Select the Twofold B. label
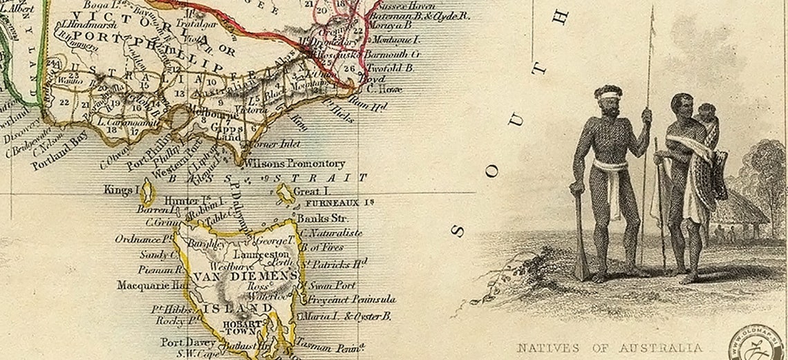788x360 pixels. coord(389,68)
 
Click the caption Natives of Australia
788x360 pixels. coord(610,348)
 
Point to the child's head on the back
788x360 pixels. coord(706,112)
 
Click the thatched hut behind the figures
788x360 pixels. coord(743,207)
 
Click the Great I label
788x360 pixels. coord(310,191)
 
